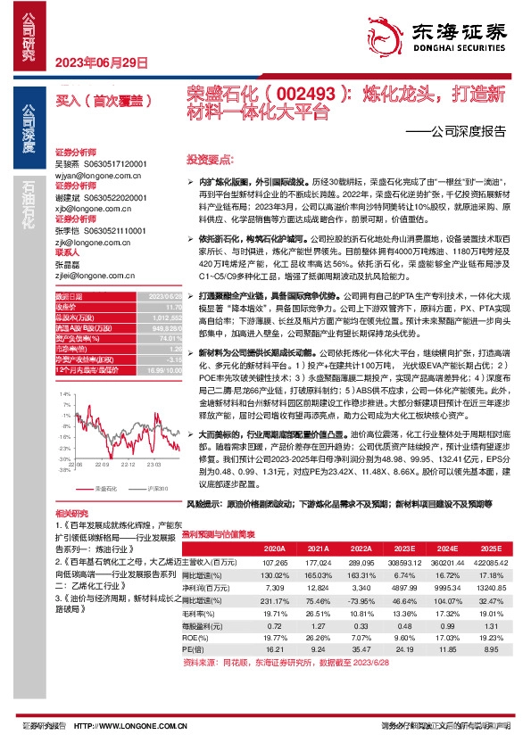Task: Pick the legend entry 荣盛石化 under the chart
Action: [105, 489]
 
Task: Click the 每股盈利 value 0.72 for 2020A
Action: [275, 627]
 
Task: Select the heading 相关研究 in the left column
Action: [71, 515]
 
